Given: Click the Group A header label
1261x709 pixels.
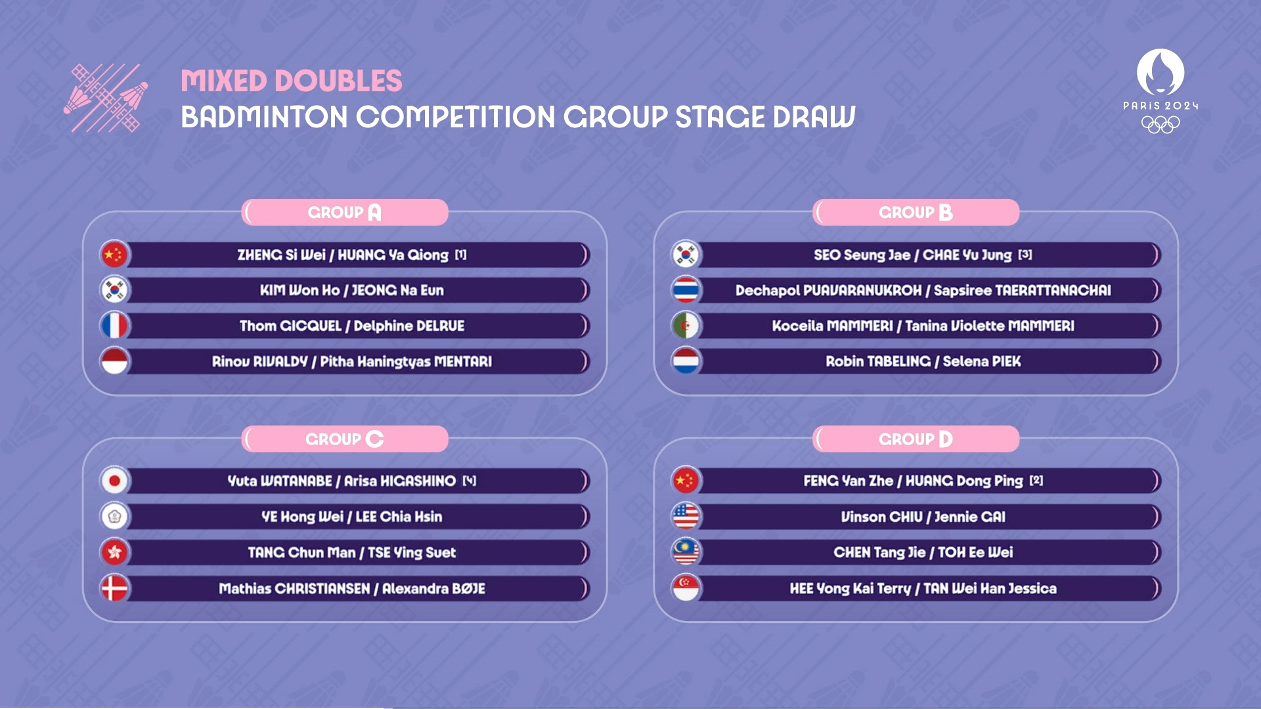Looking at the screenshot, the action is tap(345, 213).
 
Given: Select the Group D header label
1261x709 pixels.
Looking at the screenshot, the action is tap(916, 439).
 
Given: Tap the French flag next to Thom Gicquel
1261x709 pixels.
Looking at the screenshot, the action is tap(114, 326).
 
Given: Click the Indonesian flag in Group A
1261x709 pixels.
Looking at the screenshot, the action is tap(114, 361).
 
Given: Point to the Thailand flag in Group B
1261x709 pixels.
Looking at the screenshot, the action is tap(686, 290).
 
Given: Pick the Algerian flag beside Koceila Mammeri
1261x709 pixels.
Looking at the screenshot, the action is tap(686, 326).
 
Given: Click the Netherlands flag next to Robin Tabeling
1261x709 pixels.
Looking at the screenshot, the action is tap(686, 361).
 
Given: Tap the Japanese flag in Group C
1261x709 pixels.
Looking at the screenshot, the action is tap(114, 481).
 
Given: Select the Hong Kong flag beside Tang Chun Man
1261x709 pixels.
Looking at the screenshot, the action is tap(114, 552).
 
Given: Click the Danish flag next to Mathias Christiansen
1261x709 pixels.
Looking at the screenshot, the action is tap(114, 588).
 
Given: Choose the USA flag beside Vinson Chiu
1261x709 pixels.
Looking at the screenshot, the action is tap(686, 517).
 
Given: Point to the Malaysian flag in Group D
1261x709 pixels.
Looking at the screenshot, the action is tap(686, 552).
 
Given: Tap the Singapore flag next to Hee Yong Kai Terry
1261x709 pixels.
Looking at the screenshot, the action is tap(686, 588).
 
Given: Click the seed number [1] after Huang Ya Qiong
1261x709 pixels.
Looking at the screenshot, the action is tap(461, 255).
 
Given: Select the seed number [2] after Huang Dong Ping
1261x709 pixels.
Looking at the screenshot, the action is tap(1036, 481).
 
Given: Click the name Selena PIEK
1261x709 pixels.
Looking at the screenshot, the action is tap(982, 361).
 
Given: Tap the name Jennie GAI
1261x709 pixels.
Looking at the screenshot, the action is tap(970, 517).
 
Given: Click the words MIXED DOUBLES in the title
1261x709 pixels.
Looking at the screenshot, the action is tap(292, 81).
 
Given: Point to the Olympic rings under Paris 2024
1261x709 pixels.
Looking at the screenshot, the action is tap(1161, 124).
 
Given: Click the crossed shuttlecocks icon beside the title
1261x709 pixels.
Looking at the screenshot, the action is tap(106, 98).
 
